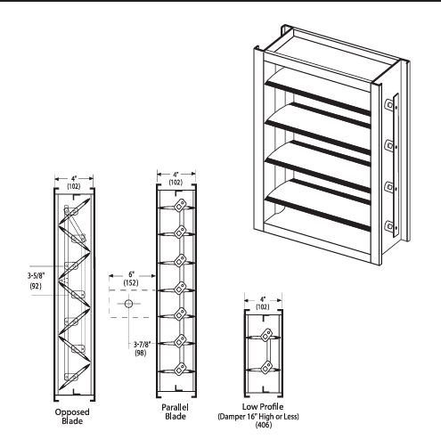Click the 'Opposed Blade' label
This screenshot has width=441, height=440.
pos(71,417)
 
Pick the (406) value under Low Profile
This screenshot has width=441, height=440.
pos(264,425)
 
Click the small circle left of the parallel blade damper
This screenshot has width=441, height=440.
pos(128,304)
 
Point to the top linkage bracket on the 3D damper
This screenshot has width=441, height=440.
pos(390,104)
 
